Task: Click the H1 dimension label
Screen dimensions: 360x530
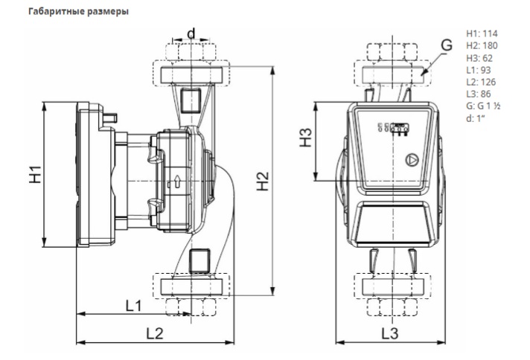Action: coord(33,177)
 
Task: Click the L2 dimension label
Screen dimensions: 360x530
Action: coord(154,333)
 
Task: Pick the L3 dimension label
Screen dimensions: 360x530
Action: coord(390,333)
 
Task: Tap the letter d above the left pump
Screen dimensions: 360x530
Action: coord(191,33)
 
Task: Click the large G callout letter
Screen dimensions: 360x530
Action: coord(445,46)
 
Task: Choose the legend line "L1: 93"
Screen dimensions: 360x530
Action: coord(478,70)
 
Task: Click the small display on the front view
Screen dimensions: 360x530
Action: coord(392,128)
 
